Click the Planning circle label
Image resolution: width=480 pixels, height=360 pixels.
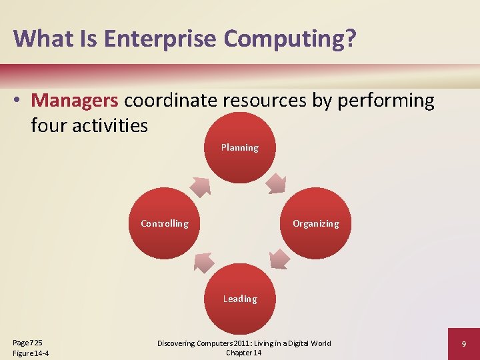pyautogui.click(x=239, y=147)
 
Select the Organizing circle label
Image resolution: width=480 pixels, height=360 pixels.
pyautogui.click(x=315, y=223)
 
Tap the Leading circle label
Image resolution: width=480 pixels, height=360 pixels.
pyautogui.click(x=239, y=299)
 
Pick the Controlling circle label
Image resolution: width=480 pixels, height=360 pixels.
pyautogui.click(x=164, y=223)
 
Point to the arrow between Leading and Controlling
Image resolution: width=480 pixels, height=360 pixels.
pyautogui.click(x=203, y=262)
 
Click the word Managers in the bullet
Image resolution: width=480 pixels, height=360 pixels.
pyautogui.click(x=75, y=101)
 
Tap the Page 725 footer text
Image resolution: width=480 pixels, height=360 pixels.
pyautogui.click(x=27, y=342)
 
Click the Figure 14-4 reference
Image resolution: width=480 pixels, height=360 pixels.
pyautogui.click(x=31, y=353)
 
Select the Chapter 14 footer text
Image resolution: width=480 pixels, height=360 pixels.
pyautogui.click(x=243, y=353)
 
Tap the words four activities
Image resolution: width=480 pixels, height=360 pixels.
pyautogui.click(x=89, y=125)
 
